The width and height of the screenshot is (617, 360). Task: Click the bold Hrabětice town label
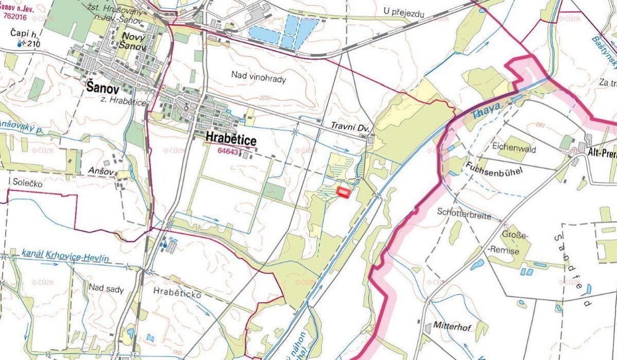(230, 138)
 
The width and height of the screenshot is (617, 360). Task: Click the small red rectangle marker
(343, 192)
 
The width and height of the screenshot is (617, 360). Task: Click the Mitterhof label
(453, 326)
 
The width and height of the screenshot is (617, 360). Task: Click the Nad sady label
(106, 289)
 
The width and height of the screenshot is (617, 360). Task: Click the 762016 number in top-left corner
(15, 15)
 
